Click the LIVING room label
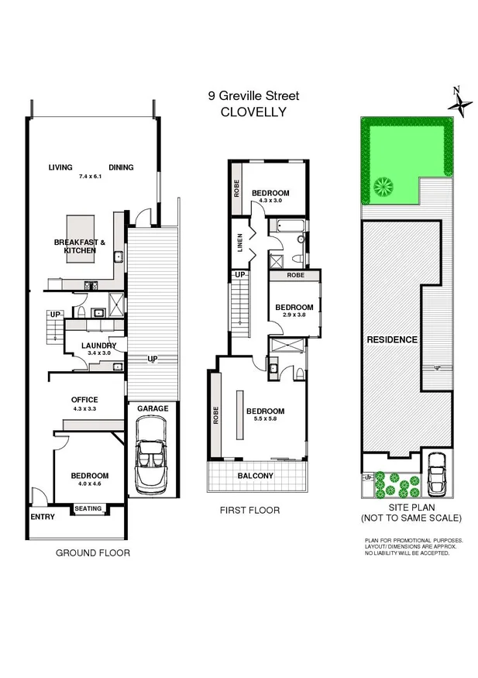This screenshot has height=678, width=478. tap(60, 167)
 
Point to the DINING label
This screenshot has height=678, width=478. tap(121, 167)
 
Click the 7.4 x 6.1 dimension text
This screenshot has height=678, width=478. tap(91, 177)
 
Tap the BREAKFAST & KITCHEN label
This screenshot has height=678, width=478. tap(80, 246)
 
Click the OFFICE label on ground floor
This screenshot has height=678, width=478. tap(84, 399)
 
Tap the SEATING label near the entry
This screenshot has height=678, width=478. tap(88, 509)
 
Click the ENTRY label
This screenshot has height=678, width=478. tap(42, 517)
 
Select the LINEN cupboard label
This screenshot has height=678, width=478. tap(240, 243)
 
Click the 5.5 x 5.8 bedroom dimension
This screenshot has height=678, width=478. tap(266, 421)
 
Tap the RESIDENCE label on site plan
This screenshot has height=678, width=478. tap(392, 340)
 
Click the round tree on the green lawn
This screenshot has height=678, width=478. tap(383, 186)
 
